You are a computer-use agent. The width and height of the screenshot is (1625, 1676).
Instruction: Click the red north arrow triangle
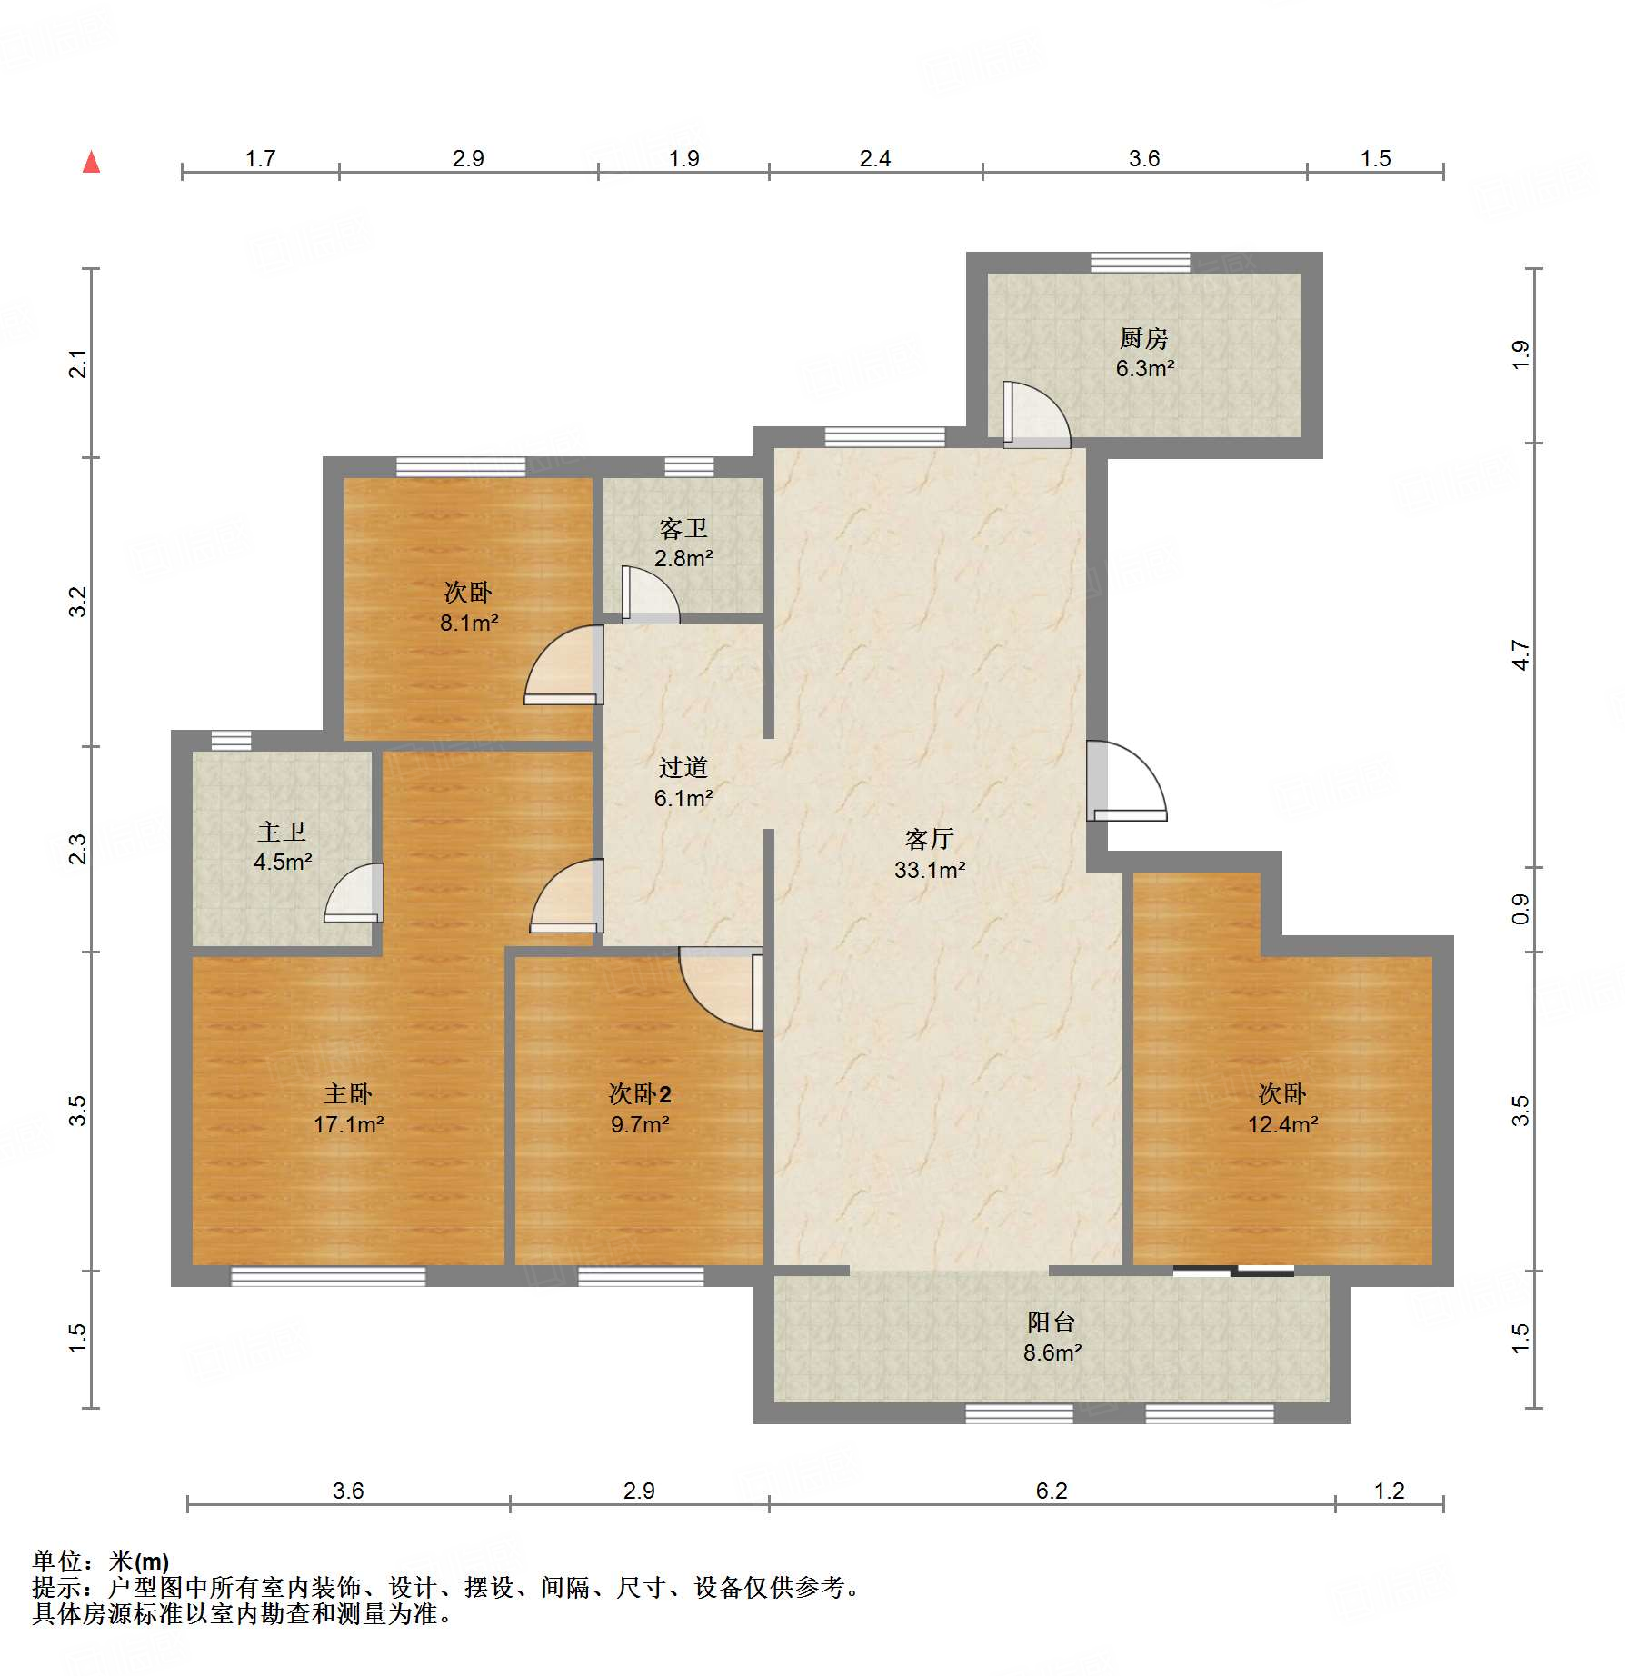pyautogui.click(x=91, y=163)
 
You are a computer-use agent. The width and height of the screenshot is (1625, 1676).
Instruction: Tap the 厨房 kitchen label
pyautogui.click(x=1143, y=339)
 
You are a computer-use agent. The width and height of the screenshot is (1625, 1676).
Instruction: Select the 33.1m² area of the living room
pyautogui.click(x=929, y=870)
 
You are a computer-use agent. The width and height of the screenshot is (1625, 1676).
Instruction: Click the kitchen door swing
pyautogui.click(x=1035, y=415)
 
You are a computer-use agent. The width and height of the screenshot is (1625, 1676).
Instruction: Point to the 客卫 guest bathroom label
pyautogui.click(x=683, y=528)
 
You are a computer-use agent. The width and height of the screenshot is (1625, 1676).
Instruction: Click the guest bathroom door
pyautogui.click(x=649, y=595)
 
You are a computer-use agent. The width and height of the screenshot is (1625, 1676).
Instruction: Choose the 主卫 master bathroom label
pyautogui.click(x=282, y=832)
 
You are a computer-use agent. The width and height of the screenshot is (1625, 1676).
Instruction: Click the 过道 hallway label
pyautogui.click(x=683, y=768)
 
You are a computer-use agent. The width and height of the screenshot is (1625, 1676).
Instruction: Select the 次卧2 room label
pyautogui.click(x=640, y=1093)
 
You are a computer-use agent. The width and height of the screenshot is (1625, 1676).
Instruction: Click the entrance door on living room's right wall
pyautogui.click(x=1125, y=782)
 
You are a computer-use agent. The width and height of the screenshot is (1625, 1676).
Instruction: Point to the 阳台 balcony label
pyautogui.click(x=1052, y=1322)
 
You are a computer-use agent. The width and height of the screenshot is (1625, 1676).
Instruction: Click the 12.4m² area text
pyautogui.click(x=1282, y=1124)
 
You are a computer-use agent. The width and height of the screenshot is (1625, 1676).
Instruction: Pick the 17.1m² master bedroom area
pyautogui.click(x=348, y=1124)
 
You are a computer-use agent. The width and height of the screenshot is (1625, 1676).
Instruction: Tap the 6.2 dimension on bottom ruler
pyautogui.click(x=1051, y=1491)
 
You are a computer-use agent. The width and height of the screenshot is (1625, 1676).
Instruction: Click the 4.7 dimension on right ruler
pyautogui.click(x=1520, y=654)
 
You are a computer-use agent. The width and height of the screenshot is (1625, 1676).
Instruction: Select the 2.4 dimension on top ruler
pyautogui.click(x=874, y=159)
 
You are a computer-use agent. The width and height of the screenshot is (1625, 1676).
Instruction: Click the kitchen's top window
pyautogui.click(x=1140, y=262)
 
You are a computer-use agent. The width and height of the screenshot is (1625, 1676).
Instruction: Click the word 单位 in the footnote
pyautogui.click(x=57, y=1561)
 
